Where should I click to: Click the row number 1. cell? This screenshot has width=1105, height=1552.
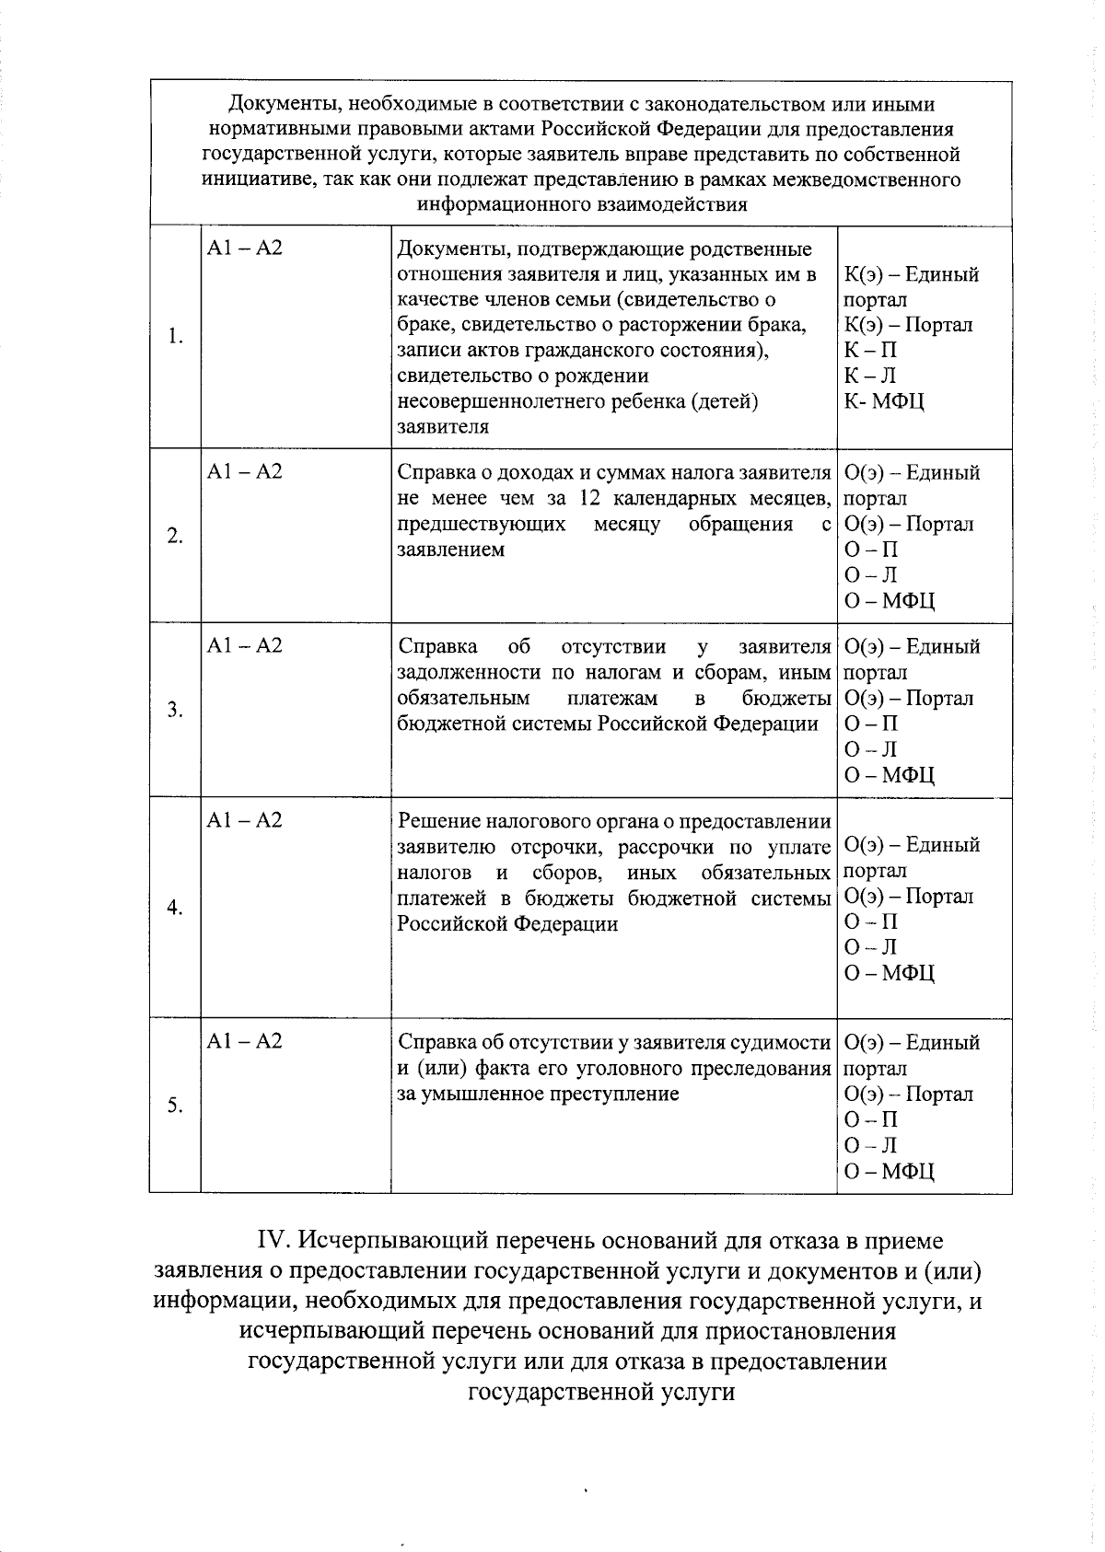[x=175, y=337]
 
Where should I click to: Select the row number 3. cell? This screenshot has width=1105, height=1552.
[x=175, y=710]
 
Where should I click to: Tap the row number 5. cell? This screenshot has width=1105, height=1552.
[x=175, y=1106]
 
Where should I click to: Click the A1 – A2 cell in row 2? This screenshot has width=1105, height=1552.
[x=245, y=472]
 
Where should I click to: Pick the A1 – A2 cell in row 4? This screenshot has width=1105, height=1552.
[x=245, y=820]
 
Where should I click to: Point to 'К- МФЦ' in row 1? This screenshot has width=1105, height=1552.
[x=884, y=401]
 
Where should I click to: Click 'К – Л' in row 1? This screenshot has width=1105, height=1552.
[x=870, y=376]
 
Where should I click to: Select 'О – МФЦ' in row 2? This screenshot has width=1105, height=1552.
[x=890, y=601]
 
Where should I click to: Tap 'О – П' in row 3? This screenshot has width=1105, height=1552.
[x=871, y=724]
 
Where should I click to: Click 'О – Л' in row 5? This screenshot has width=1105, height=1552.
[x=871, y=1145]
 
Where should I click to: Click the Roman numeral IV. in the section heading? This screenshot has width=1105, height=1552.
[x=273, y=1241]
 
